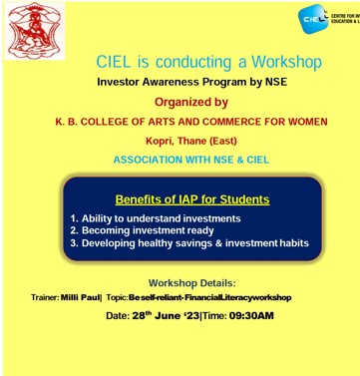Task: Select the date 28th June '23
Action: point(152,316)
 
